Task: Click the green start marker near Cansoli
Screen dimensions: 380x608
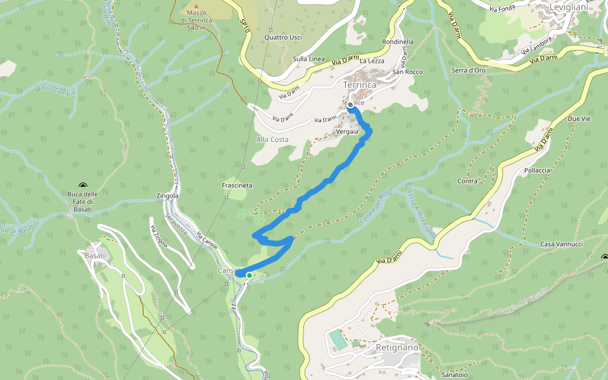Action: pyautogui.click(x=249, y=275)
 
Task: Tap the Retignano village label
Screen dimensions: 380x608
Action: pyautogui.click(x=397, y=348)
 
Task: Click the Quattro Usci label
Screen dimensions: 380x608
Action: pyautogui.click(x=283, y=37)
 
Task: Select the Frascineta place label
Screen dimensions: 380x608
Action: pyautogui.click(x=237, y=186)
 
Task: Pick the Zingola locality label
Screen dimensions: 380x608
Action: pyautogui.click(x=167, y=196)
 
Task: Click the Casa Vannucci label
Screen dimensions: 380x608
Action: pyautogui.click(x=562, y=244)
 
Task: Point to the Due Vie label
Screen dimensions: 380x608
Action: pyautogui.click(x=579, y=119)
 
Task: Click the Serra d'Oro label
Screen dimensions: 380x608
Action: pyautogui.click(x=469, y=70)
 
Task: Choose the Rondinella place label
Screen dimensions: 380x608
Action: pyautogui.click(x=398, y=42)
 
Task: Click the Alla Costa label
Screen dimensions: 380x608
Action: pyautogui.click(x=272, y=139)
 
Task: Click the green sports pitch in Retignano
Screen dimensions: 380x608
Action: pyautogui.click(x=338, y=340)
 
